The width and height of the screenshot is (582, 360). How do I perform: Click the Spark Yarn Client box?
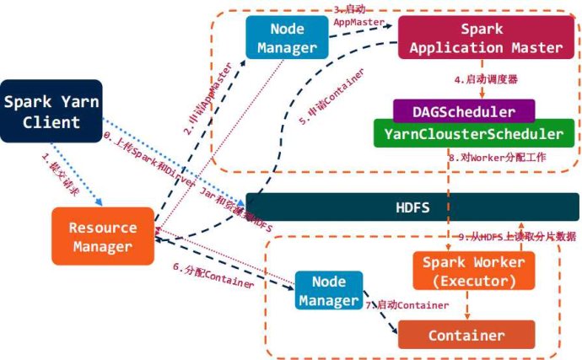coord(51,111)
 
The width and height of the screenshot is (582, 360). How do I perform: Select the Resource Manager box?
coord(102,236)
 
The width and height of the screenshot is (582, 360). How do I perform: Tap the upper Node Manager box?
coord(287,38)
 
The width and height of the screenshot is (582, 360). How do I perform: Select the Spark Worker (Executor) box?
coord(473,271)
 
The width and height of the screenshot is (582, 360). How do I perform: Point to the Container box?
coord(466,335)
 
